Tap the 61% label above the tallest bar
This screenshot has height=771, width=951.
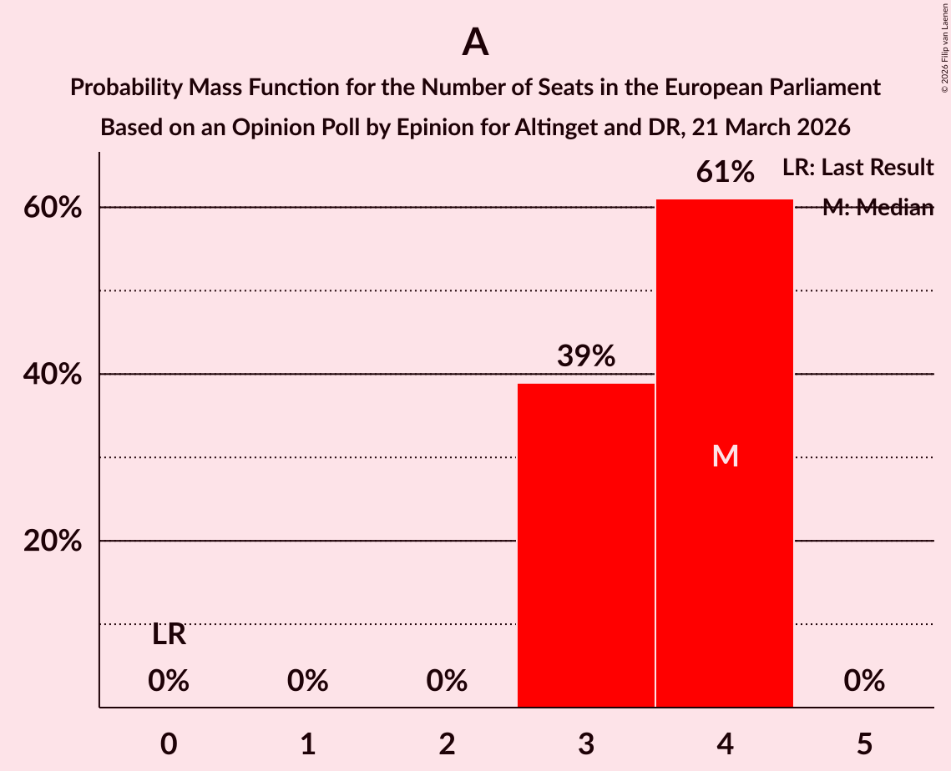tap(725, 173)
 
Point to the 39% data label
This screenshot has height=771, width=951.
tap(586, 356)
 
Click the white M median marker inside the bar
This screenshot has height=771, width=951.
tap(725, 456)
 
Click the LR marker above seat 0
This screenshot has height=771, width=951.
tap(169, 635)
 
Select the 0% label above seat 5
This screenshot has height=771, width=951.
tap(864, 681)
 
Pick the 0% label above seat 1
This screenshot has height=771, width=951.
tap(307, 681)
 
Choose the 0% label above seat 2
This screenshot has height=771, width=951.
tap(447, 681)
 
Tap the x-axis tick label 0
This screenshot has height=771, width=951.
tap(169, 743)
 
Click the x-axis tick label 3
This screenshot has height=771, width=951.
tap(586, 743)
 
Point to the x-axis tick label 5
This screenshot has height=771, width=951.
tap(864, 743)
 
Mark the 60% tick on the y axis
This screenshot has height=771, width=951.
tap(53, 208)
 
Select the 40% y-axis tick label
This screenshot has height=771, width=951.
tap(53, 375)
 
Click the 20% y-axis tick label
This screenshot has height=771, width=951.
tap(53, 542)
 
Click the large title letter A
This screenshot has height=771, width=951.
tap(475, 42)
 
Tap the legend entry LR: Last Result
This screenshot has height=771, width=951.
tap(857, 168)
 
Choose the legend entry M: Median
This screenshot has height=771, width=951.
tap(878, 208)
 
